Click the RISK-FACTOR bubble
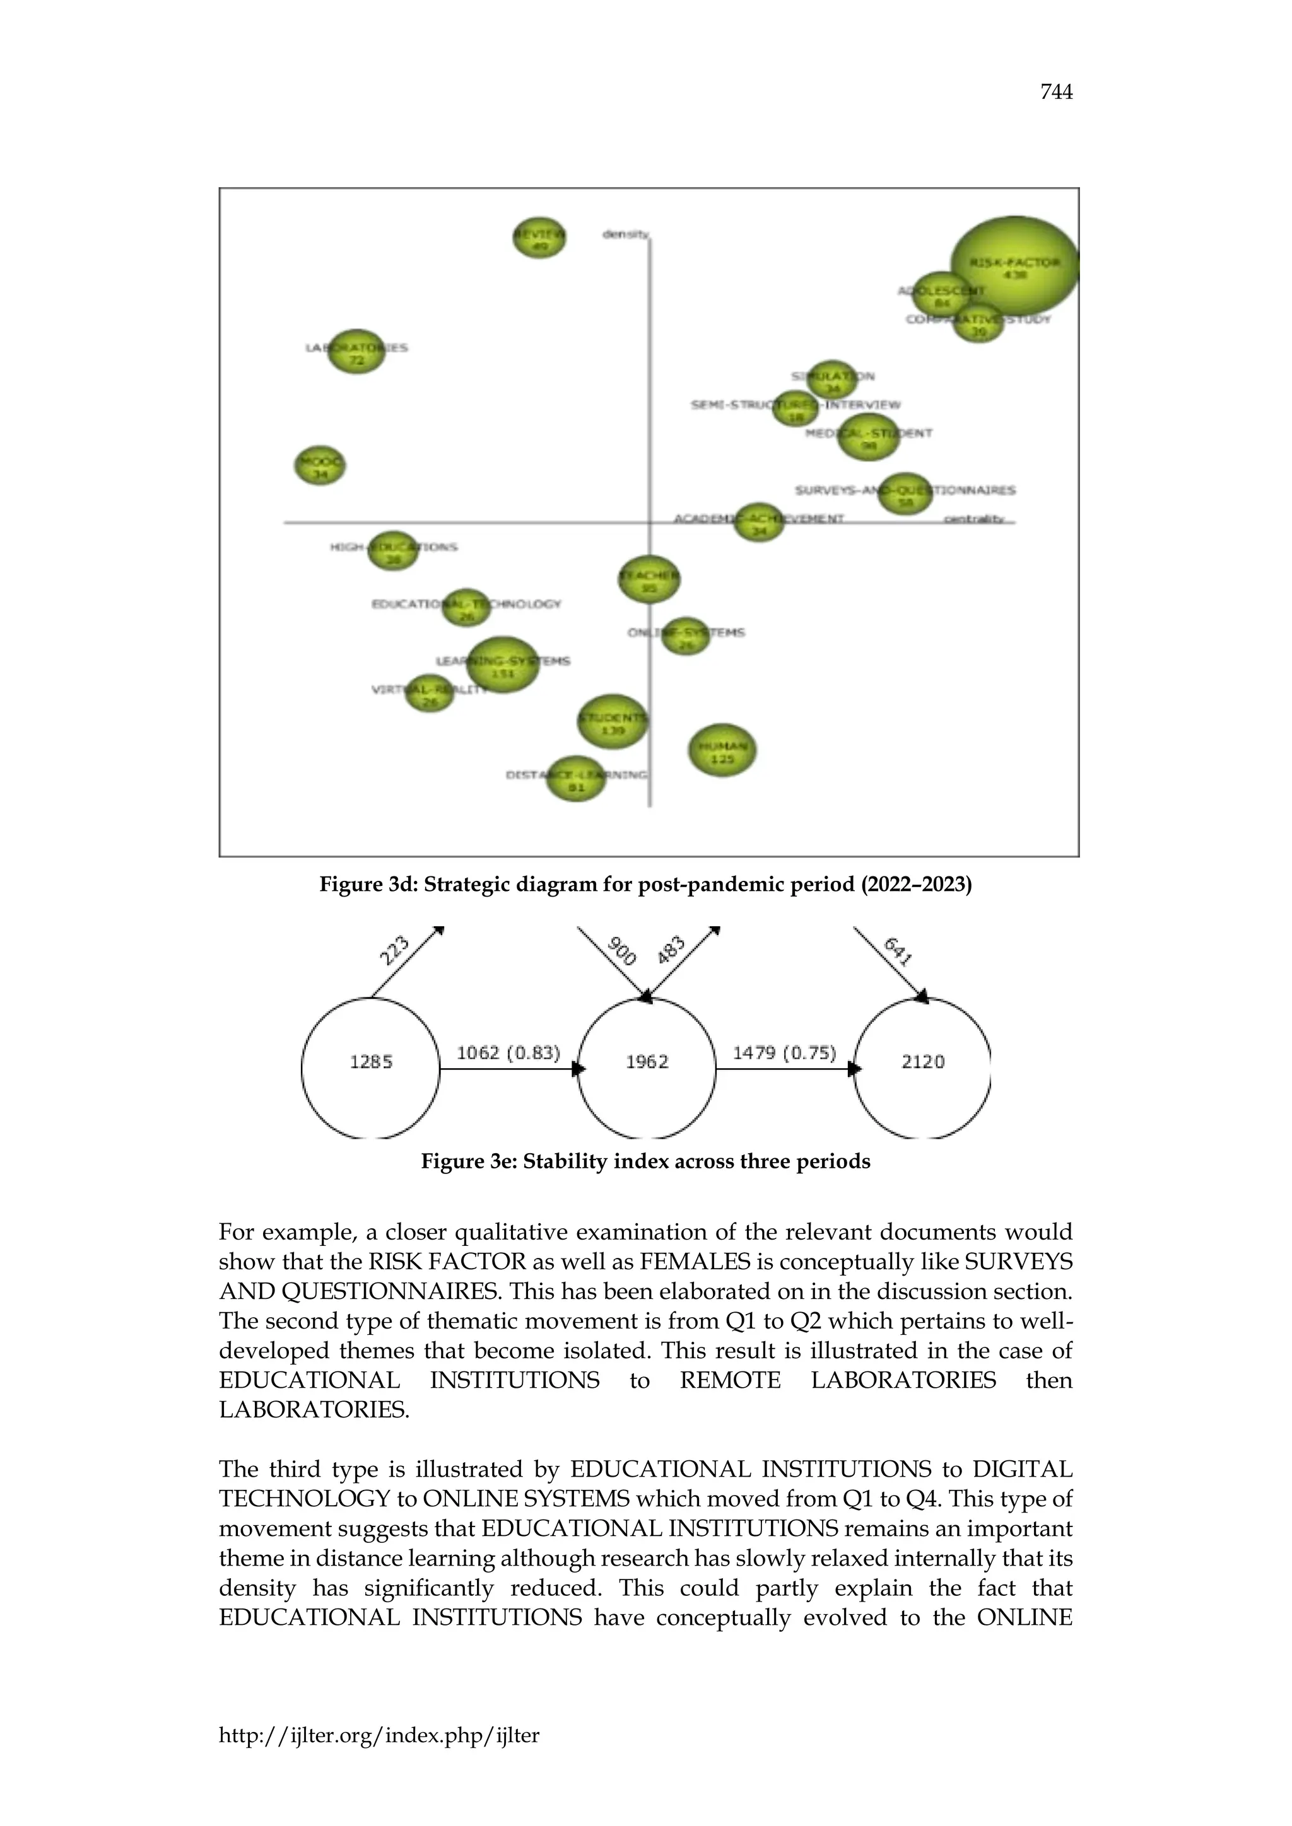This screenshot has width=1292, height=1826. pyautogui.click(x=1014, y=267)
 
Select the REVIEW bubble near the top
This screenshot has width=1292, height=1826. pyautogui.click(x=539, y=237)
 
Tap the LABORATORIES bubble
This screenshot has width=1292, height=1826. pyautogui.click(x=356, y=352)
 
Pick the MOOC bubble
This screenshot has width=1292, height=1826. pyautogui.click(x=320, y=465)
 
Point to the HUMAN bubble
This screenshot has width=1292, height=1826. pyautogui.click(x=722, y=751)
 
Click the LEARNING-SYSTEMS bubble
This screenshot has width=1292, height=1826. pyautogui.click(x=503, y=665)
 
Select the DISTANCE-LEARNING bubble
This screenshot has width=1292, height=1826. pyautogui.click(x=576, y=779)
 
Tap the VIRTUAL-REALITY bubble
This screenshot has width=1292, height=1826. pyautogui.click(x=430, y=693)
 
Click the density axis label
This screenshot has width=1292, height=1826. pyautogui.click(x=625, y=234)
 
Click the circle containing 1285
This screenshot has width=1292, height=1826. pyautogui.click(x=371, y=1062)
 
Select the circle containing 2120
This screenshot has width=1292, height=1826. pyautogui.click(x=923, y=1062)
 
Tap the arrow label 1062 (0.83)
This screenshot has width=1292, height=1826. pyautogui.click(x=508, y=1053)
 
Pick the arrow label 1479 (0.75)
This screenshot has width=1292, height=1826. pyautogui.click(x=784, y=1053)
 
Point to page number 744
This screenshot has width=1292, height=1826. pyautogui.click(x=1055, y=92)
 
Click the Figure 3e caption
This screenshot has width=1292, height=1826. pyautogui.click(x=645, y=1162)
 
